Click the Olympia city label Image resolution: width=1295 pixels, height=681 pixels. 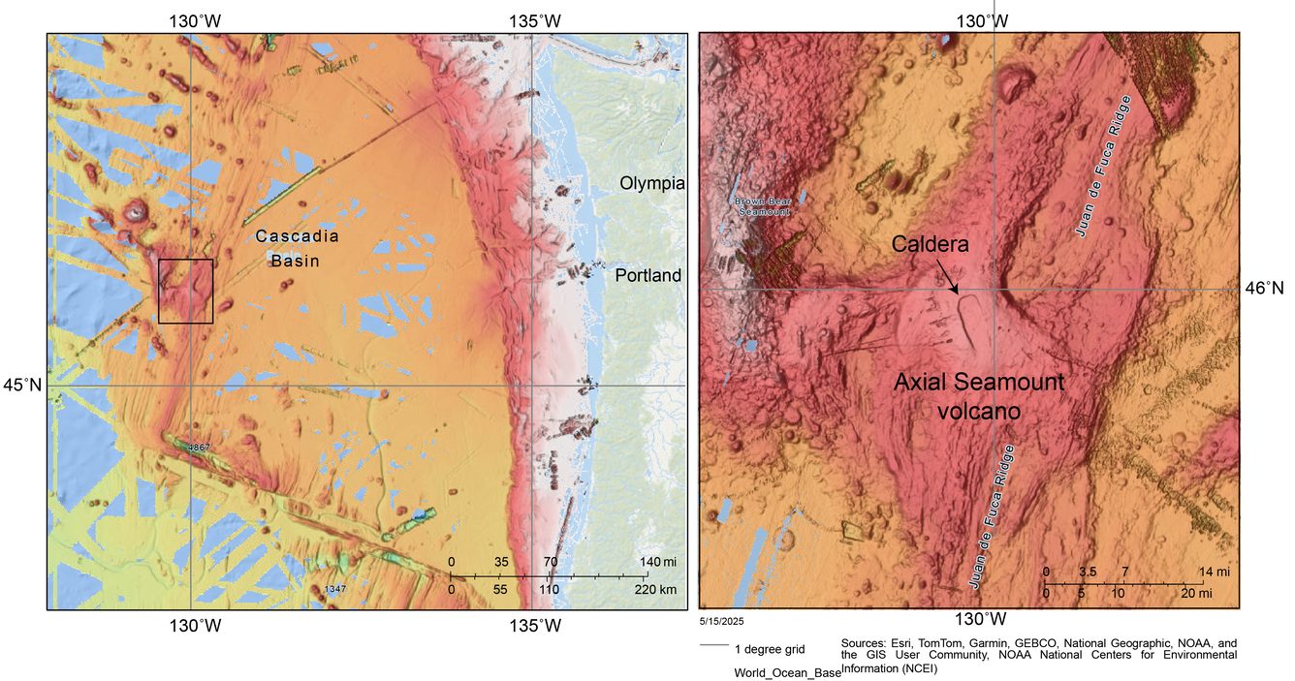(652, 183)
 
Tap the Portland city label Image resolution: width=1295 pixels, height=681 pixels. (648, 276)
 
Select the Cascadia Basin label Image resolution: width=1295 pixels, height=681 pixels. (288, 248)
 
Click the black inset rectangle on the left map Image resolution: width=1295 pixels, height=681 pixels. (185, 291)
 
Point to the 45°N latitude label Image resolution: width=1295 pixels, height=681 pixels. (24, 386)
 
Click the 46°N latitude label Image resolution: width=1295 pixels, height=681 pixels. (1264, 288)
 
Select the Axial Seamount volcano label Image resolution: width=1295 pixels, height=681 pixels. (978, 396)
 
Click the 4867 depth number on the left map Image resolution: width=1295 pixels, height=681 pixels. (199, 448)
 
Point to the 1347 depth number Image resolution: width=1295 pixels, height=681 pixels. (335, 589)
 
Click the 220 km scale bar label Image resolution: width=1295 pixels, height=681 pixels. (656, 589)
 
